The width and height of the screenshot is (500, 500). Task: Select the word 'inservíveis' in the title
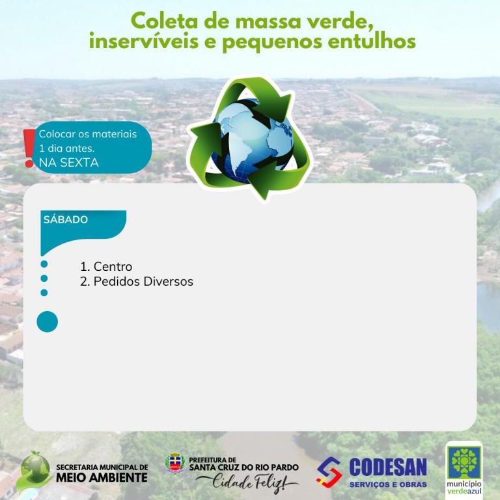[144, 41]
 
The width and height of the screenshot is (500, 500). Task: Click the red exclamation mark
[29, 148]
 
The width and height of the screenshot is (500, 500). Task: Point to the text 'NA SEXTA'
[68, 163]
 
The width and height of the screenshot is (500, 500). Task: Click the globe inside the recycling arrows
[252, 141]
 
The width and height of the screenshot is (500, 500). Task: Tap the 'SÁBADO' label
[66, 219]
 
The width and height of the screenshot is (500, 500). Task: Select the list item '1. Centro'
[106, 266]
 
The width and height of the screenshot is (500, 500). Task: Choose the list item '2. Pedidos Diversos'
[137, 281]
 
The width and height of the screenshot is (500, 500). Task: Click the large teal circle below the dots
[47, 322]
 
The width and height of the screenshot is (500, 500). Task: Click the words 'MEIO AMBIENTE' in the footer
[102, 477]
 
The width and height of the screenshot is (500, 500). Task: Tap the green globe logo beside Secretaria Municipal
[33, 471]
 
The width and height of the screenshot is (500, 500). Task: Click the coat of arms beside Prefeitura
[175, 463]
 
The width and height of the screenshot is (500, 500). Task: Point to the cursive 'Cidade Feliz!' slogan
[248, 482]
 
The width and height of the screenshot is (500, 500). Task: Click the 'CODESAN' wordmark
[388, 467]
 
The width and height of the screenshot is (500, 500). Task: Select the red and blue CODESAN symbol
[329, 472]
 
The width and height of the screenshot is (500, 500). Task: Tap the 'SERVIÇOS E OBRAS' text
[388, 484]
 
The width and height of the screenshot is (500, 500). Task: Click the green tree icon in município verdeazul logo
[464, 462]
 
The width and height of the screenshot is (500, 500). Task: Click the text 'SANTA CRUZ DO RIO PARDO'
[244, 468]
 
